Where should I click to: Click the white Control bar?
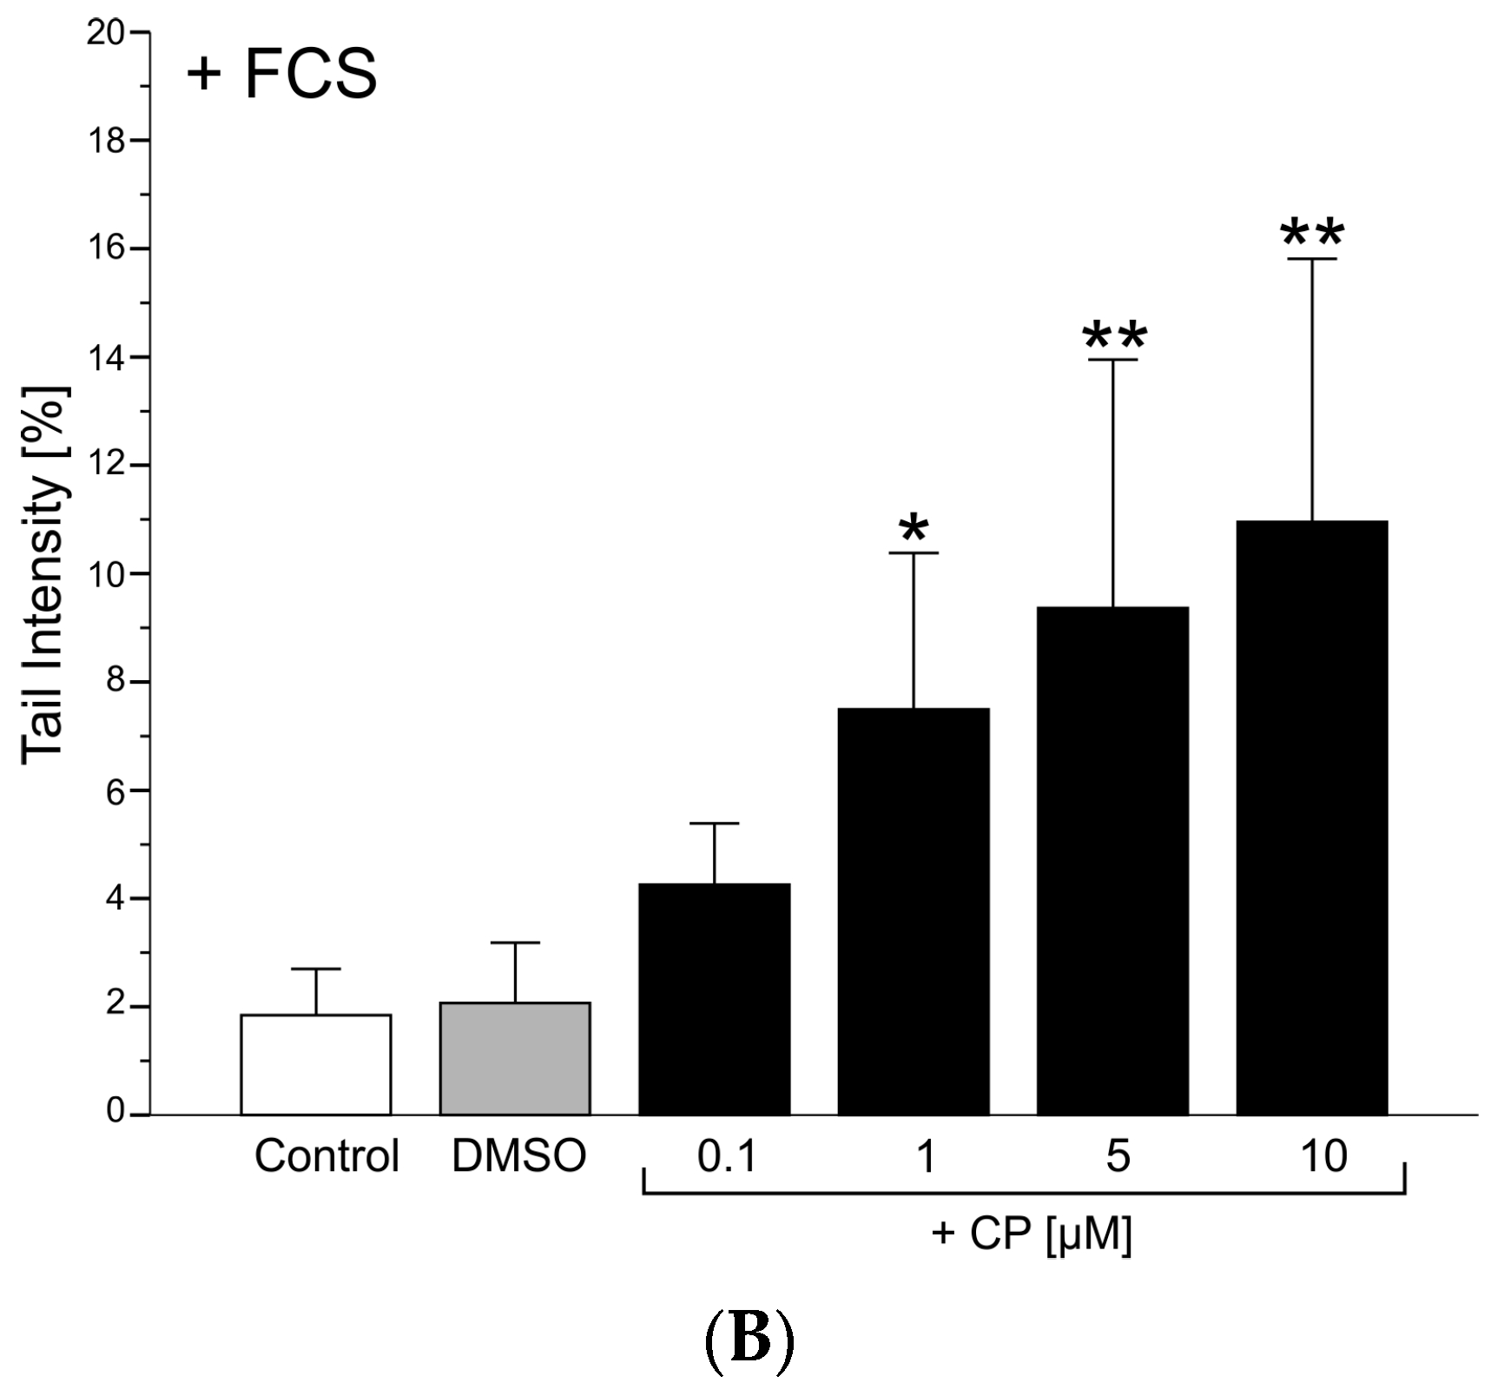(315, 1064)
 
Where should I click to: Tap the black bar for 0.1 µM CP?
(714, 999)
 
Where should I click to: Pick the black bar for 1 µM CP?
(914, 912)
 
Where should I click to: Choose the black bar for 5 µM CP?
(1112, 860)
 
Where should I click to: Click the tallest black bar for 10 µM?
(1311, 817)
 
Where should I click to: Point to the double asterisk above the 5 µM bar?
(1115, 335)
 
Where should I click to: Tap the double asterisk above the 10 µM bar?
(1312, 233)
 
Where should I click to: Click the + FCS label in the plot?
(281, 74)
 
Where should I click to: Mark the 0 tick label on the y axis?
(115, 1113)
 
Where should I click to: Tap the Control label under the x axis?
(327, 1156)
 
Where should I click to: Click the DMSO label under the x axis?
(519, 1156)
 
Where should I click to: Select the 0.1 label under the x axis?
(727, 1156)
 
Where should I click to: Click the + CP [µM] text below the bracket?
(1032, 1234)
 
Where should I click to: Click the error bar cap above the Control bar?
(315, 969)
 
